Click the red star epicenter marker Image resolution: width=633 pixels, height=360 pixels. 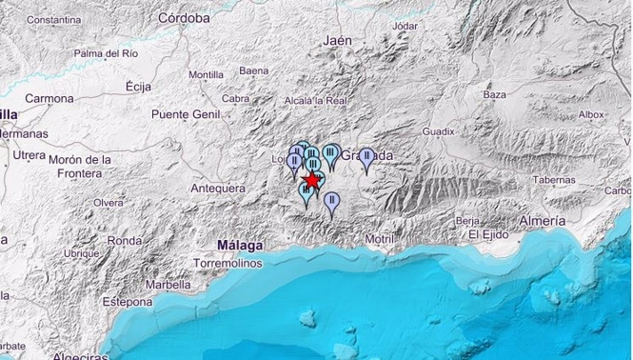point(311,181)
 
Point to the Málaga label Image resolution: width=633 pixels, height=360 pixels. point(239,245)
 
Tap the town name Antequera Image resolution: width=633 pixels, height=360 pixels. point(219,189)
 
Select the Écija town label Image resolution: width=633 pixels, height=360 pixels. point(139,87)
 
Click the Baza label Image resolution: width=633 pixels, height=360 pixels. point(495,94)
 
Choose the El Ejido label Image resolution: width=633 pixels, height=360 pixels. point(485,234)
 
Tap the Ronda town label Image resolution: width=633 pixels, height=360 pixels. point(124,241)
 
